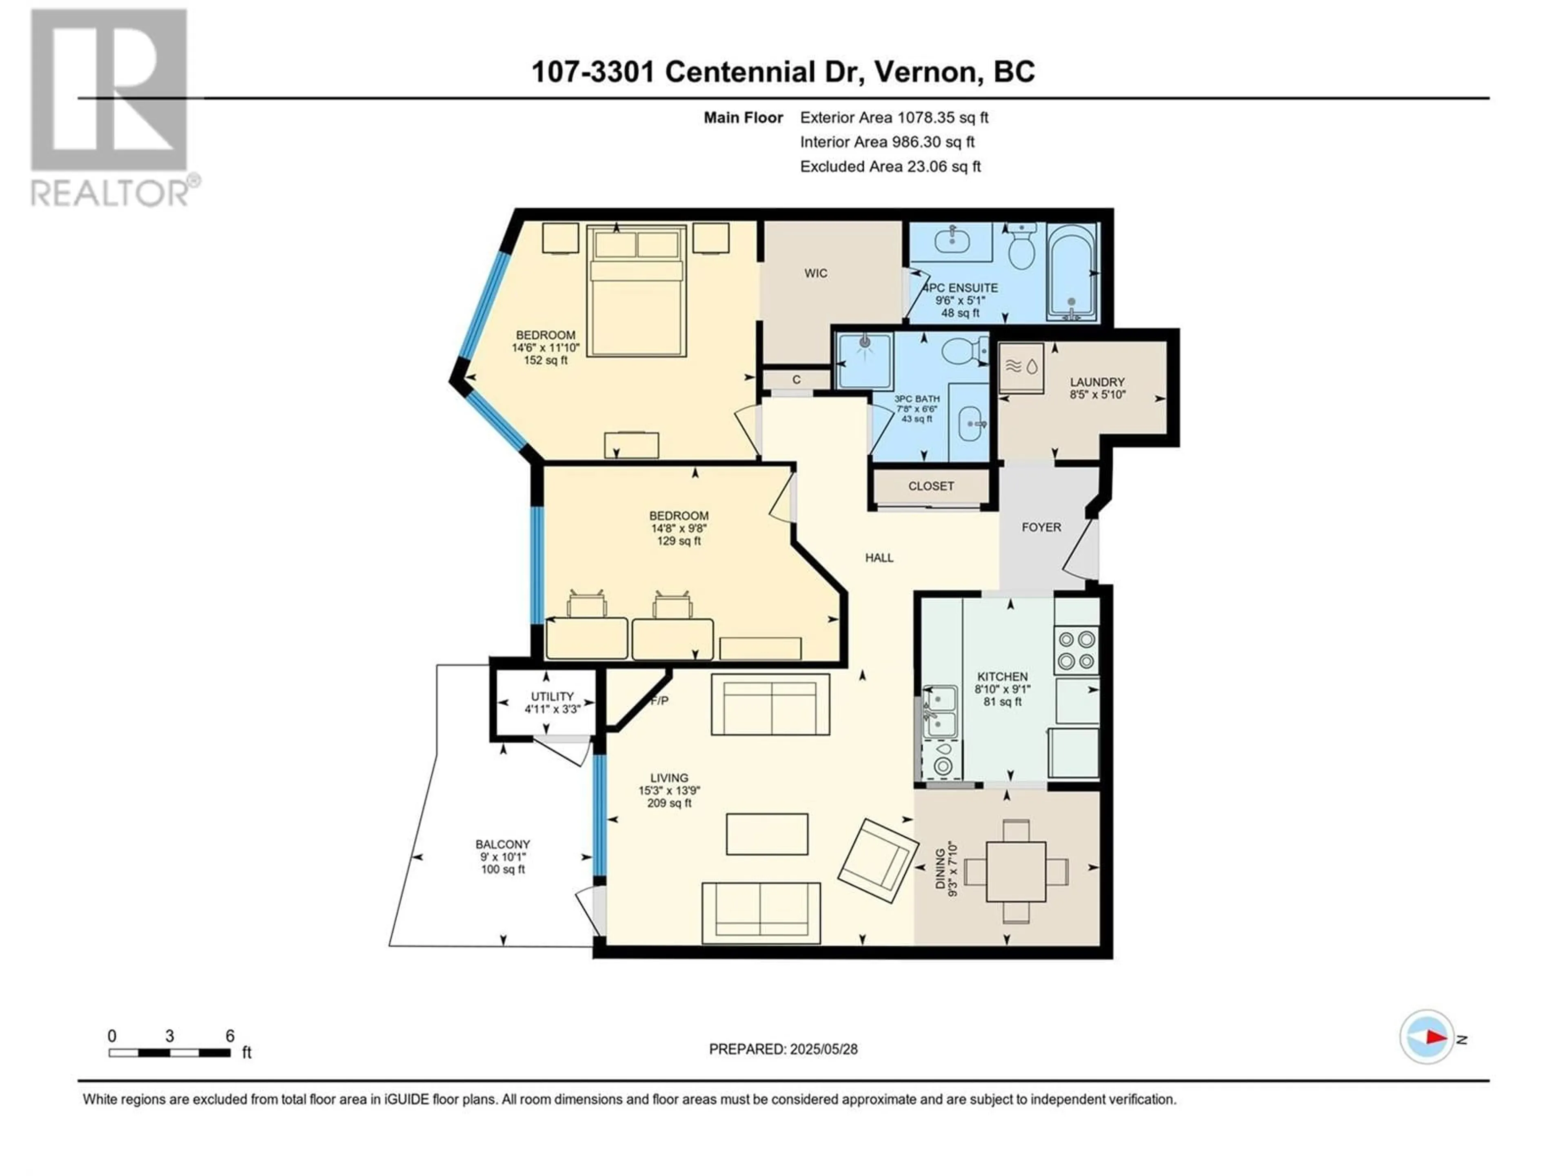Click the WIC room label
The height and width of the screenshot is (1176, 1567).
point(815,273)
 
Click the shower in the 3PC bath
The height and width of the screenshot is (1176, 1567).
point(864,361)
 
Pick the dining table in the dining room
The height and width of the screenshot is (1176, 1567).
point(1016,871)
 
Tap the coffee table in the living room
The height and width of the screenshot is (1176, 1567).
point(766,834)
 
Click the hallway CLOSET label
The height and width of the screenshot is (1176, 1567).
point(931,486)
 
